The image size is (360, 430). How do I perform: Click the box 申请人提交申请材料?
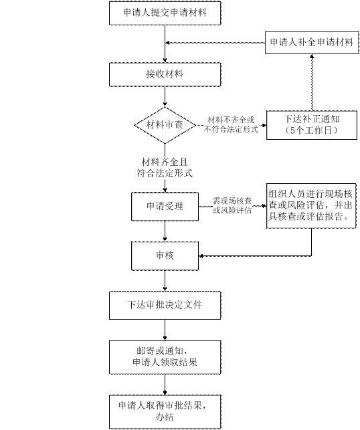pyautogui.click(x=165, y=13)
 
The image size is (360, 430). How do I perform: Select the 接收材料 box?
pyautogui.click(x=165, y=74)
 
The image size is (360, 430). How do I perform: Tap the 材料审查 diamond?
pyautogui.click(x=165, y=125)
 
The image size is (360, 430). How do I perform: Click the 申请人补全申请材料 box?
pyautogui.click(x=312, y=43)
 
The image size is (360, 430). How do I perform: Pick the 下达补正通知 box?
pyautogui.click(x=312, y=125)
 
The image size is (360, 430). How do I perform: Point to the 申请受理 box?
pyautogui.click(x=165, y=207)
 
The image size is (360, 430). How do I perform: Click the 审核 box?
pyautogui.click(x=165, y=256)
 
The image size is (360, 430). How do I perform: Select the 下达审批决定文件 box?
pyautogui.click(x=165, y=305)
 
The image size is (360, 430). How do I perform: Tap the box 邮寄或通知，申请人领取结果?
pyautogui.click(x=165, y=357)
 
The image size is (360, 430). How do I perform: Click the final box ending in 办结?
pyautogui.click(x=165, y=412)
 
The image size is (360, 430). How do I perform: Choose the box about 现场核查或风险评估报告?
pyautogui.click(x=311, y=206)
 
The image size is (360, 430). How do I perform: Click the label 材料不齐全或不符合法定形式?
pyautogui.click(x=231, y=124)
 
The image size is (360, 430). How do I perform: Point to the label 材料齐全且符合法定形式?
pyautogui.click(x=165, y=168)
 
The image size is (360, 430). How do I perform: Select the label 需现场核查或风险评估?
pyautogui.click(x=232, y=205)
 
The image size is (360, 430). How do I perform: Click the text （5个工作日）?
pyautogui.click(x=312, y=130)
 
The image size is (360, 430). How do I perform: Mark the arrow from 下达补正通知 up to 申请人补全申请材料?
pyautogui.click(x=312, y=82)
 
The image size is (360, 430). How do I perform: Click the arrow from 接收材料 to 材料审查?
pyautogui.click(x=165, y=97)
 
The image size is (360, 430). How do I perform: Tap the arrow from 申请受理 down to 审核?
pyautogui.click(x=165, y=231)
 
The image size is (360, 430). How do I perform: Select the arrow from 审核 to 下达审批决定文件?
pyautogui.click(x=165, y=281)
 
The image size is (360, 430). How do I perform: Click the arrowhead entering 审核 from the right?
pyautogui.click(x=201, y=256)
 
